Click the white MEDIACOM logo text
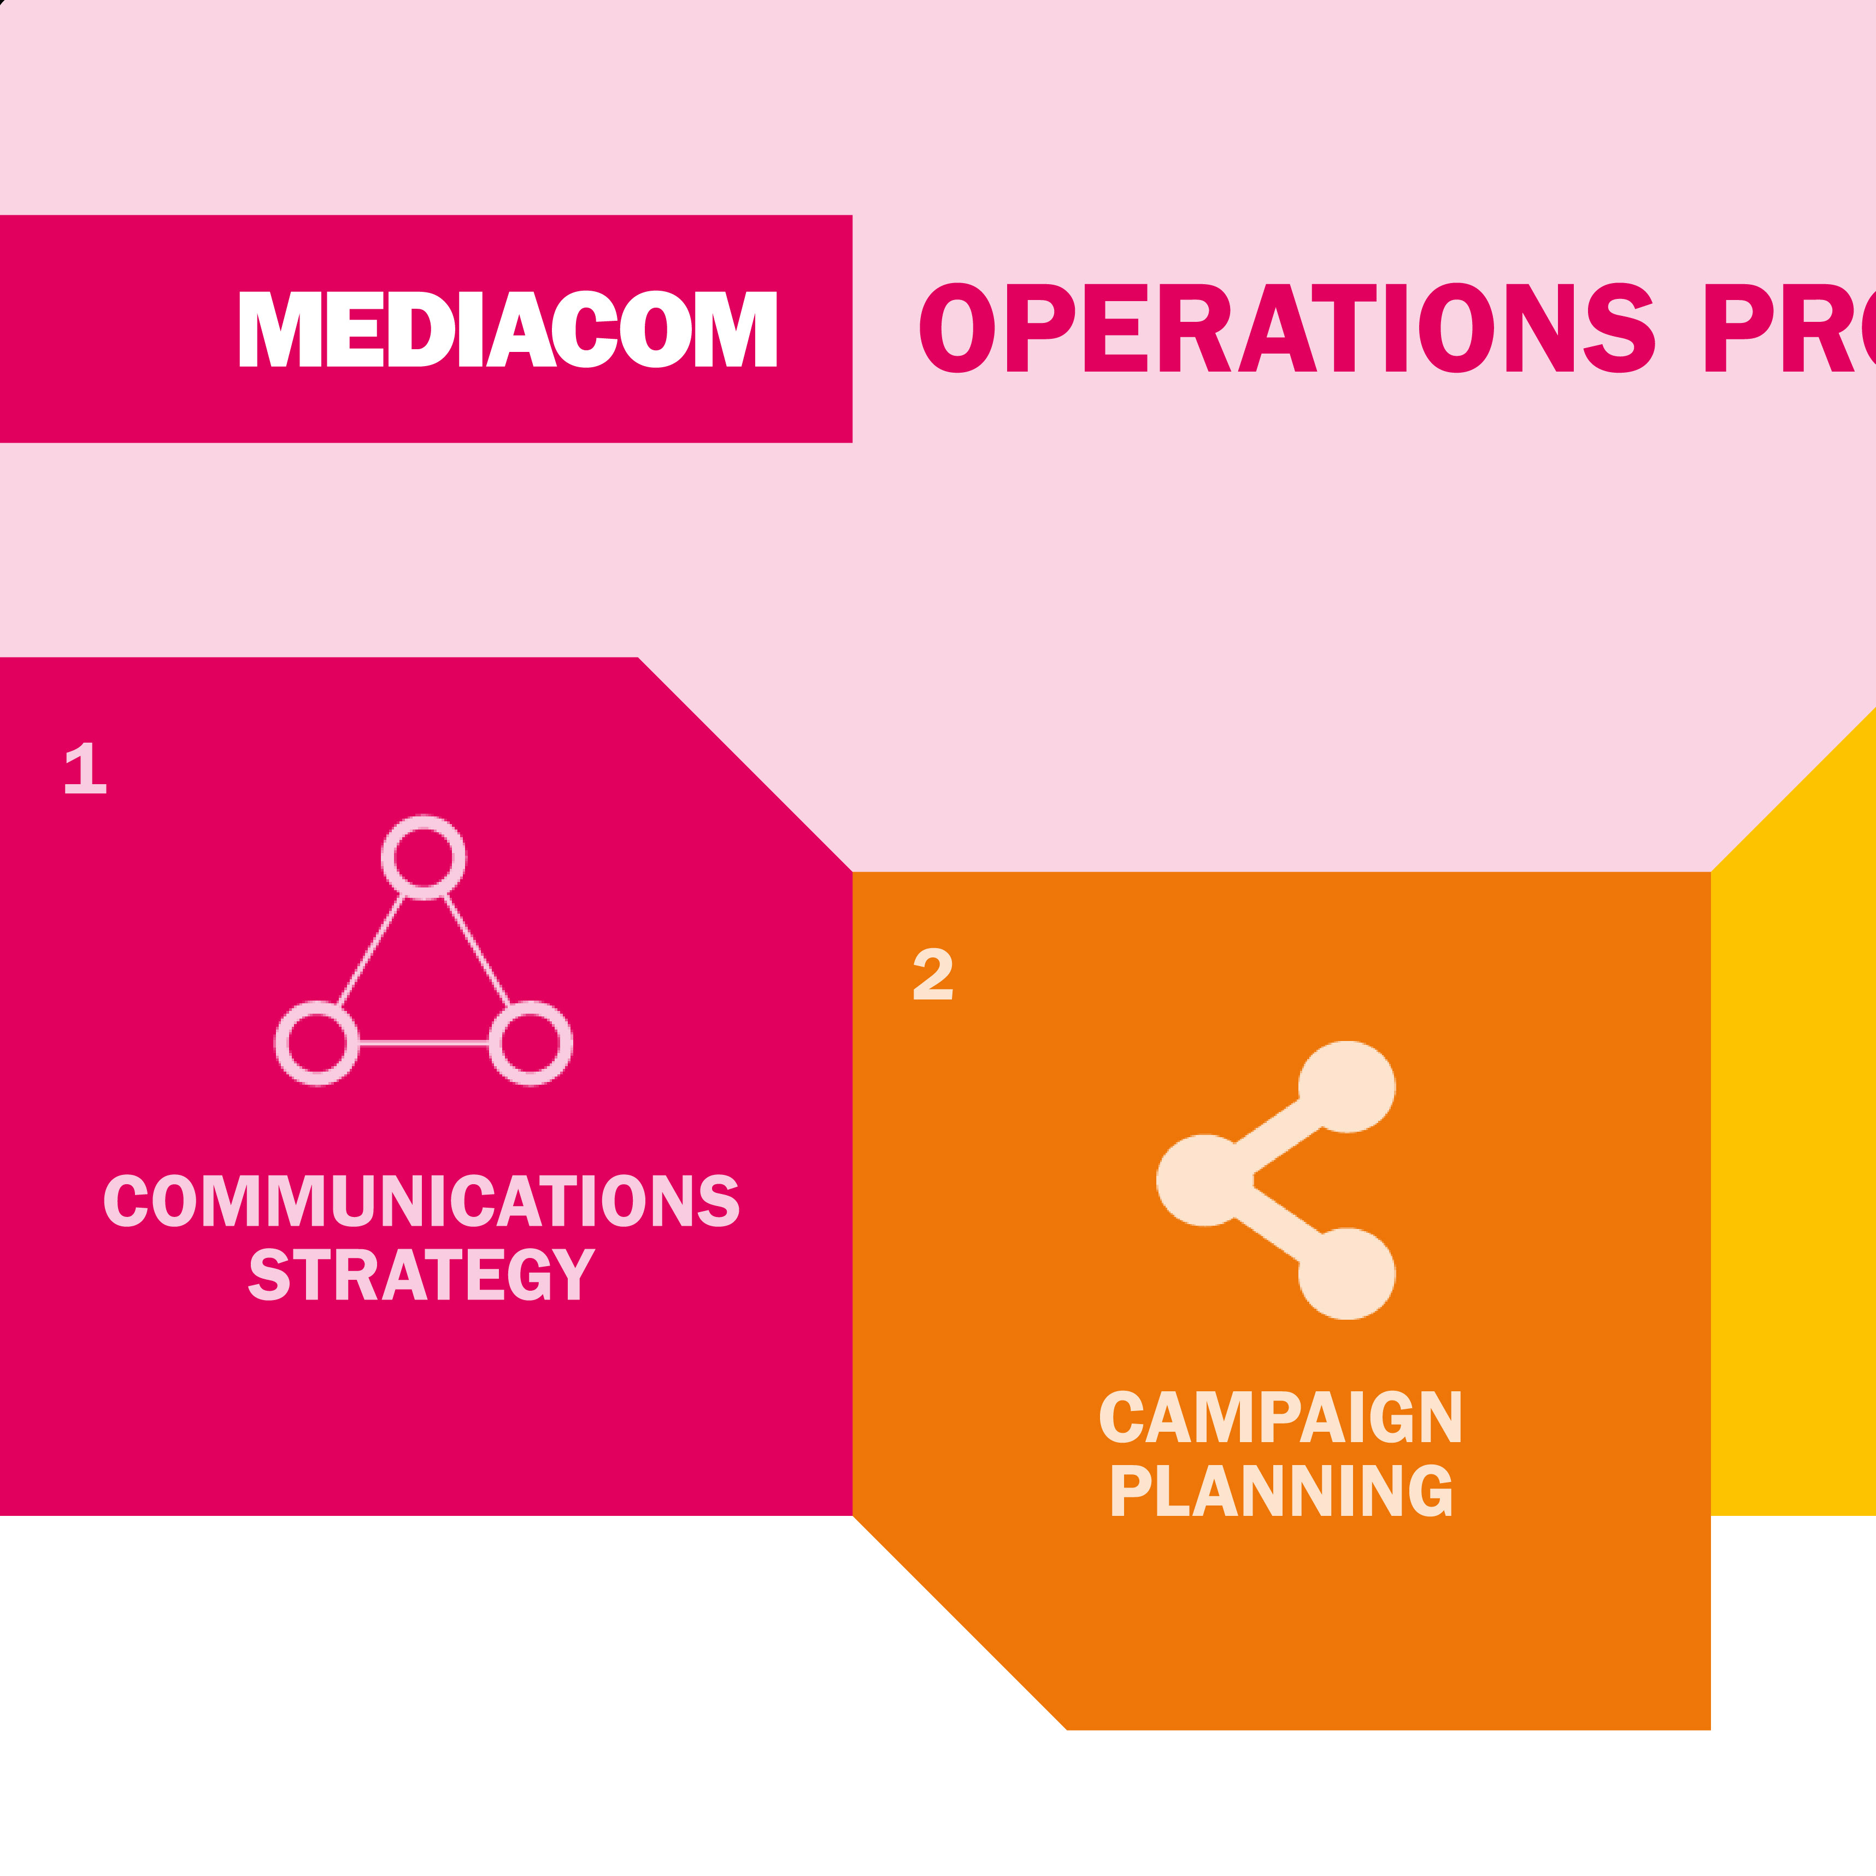507,329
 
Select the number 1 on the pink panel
85,768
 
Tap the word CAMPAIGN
1280,1417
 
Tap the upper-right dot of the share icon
1347,1086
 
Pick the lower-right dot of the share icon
1347,1273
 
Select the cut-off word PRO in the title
1787,328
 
